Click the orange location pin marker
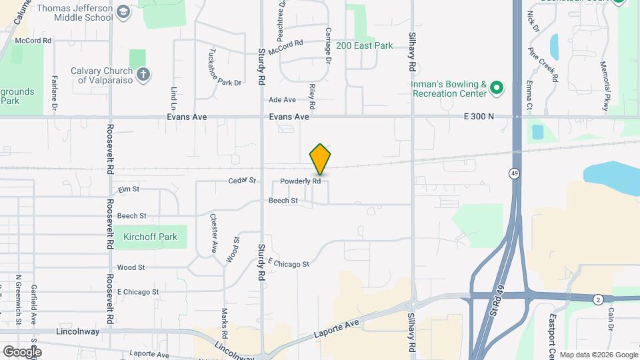[x=320, y=159]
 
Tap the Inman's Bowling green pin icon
[x=496, y=87]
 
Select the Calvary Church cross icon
[x=143, y=74]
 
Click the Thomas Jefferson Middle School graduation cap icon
[x=123, y=12]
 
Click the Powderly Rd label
[x=301, y=181]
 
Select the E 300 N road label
[x=479, y=117]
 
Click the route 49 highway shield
[x=514, y=174]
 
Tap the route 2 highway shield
[x=598, y=300]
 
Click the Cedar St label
[x=242, y=181]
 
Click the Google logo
[x=22, y=351]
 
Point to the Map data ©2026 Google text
[x=599, y=355]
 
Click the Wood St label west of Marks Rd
[x=131, y=267]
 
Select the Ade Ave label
[x=282, y=100]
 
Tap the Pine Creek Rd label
[x=543, y=65]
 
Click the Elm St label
[x=128, y=190]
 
